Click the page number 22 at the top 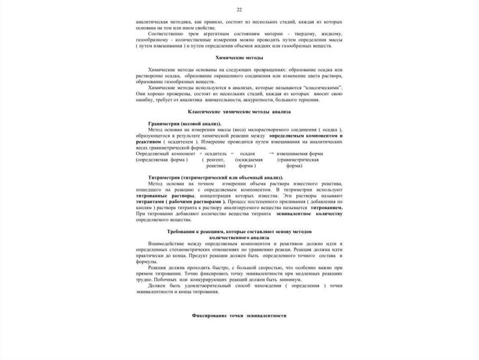[x=239, y=10]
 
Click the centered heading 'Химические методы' [x=239, y=58]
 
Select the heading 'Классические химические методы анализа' [x=239, y=112]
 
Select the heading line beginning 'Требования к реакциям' [x=239, y=232]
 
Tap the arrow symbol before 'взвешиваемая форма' [x=271, y=154]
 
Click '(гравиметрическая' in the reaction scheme [x=298, y=160]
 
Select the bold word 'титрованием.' [x=326, y=207]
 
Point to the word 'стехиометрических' [x=188, y=250]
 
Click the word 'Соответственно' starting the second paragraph [x=164, y=35]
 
